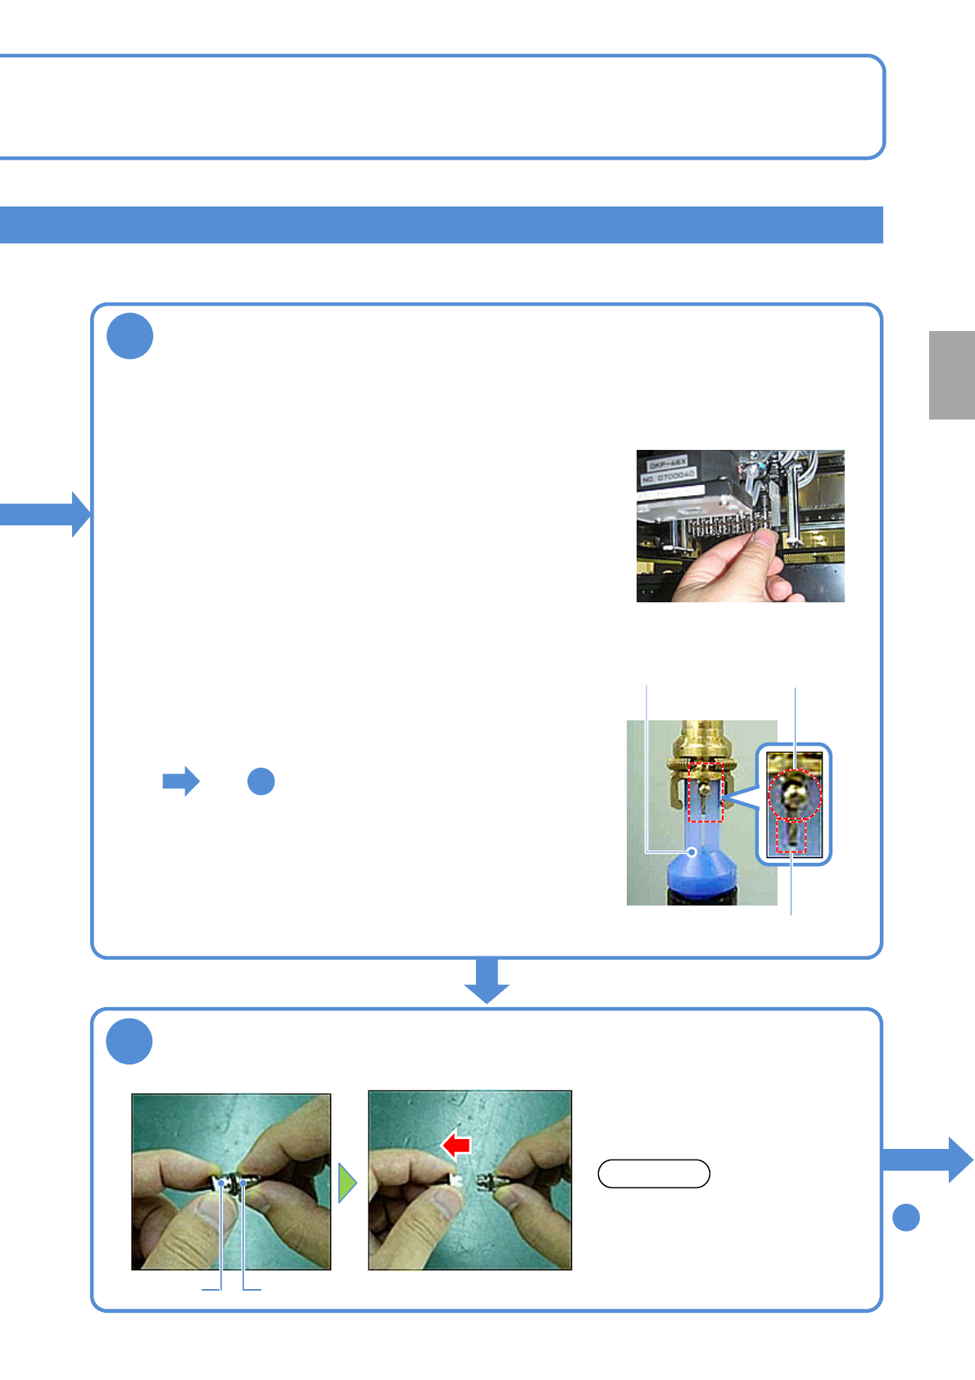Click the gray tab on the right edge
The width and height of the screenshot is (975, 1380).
pyautogui.click(x=951, y=375)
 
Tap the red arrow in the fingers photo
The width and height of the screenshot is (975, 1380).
pyautogui.click(x=456, y=1144)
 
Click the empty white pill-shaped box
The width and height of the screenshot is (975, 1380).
pyautogui.click(x=654, y=1173)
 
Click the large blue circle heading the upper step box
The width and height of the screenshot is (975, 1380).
pyautogui.click(x=130, y=336)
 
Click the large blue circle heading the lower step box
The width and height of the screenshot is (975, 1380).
pyautogui.click(x=129, y=1042)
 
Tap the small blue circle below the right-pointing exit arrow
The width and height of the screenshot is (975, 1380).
pyautogui.click(x=906, y=1218)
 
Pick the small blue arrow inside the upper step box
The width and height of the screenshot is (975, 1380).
pyautogui.click(x=181, y=782)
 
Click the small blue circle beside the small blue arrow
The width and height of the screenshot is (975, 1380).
pyautogui.click(x=261, y=782)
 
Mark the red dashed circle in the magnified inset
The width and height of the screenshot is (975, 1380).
pyautogui.click(x=795, y=795)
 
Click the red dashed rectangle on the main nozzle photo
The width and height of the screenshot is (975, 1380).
pyautogui.click(x=705, y=792)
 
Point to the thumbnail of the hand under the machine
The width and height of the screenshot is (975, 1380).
pyautogui.click(x=740, y=526)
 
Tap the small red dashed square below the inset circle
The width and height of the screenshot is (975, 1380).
pyautogui.click(x=791, y=836)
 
